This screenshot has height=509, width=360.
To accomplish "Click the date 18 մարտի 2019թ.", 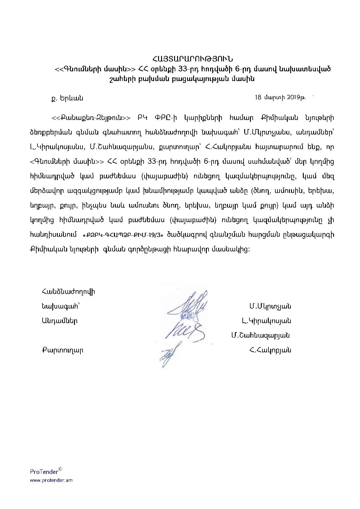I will coord(280,97).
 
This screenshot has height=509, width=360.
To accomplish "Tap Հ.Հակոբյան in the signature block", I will coord(269,350).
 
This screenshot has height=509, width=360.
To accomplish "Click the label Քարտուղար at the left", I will coord(62,350).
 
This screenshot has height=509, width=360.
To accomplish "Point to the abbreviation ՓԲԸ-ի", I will coord(165,118).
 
